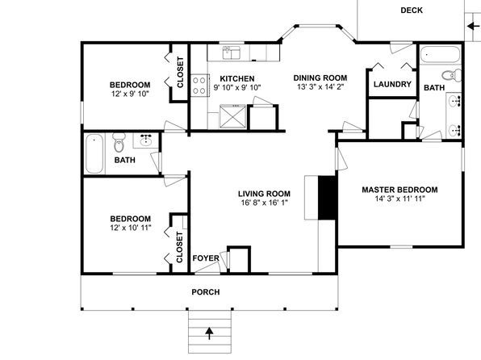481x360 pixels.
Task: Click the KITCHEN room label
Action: (x=237, y=78)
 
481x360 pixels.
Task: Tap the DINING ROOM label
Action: (x=320, y=78)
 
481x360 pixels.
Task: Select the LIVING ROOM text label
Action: (x=264, y=194)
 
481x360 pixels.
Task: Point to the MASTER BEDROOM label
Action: (x=399, y=190)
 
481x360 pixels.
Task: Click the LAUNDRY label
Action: (x=392, y=84)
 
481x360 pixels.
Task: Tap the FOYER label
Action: (x=206, y=258)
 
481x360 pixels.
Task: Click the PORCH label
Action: (x=206, y=292)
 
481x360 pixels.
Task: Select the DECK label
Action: (x=412, y=10)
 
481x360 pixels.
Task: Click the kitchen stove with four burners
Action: (x=199, y=86)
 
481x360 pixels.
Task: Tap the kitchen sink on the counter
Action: (x=232, y=52)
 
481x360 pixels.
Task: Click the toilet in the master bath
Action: (x=451, y=75)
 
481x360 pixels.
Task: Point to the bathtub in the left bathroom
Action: (x=94, y=153)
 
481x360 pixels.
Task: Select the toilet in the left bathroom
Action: (x=119, y=142)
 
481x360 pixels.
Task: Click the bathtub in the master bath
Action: (x=440, y=54)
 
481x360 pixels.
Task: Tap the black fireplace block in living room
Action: (x=328, y=198)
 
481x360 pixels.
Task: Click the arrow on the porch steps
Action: (x=209, y=333)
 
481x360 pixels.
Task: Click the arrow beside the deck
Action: (x=473, y=27)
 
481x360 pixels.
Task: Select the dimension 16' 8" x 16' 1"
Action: (x=265, y=203)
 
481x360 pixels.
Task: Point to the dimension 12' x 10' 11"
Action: (x=131, y=228)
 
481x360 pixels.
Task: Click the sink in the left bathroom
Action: (x=145, y=140)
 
